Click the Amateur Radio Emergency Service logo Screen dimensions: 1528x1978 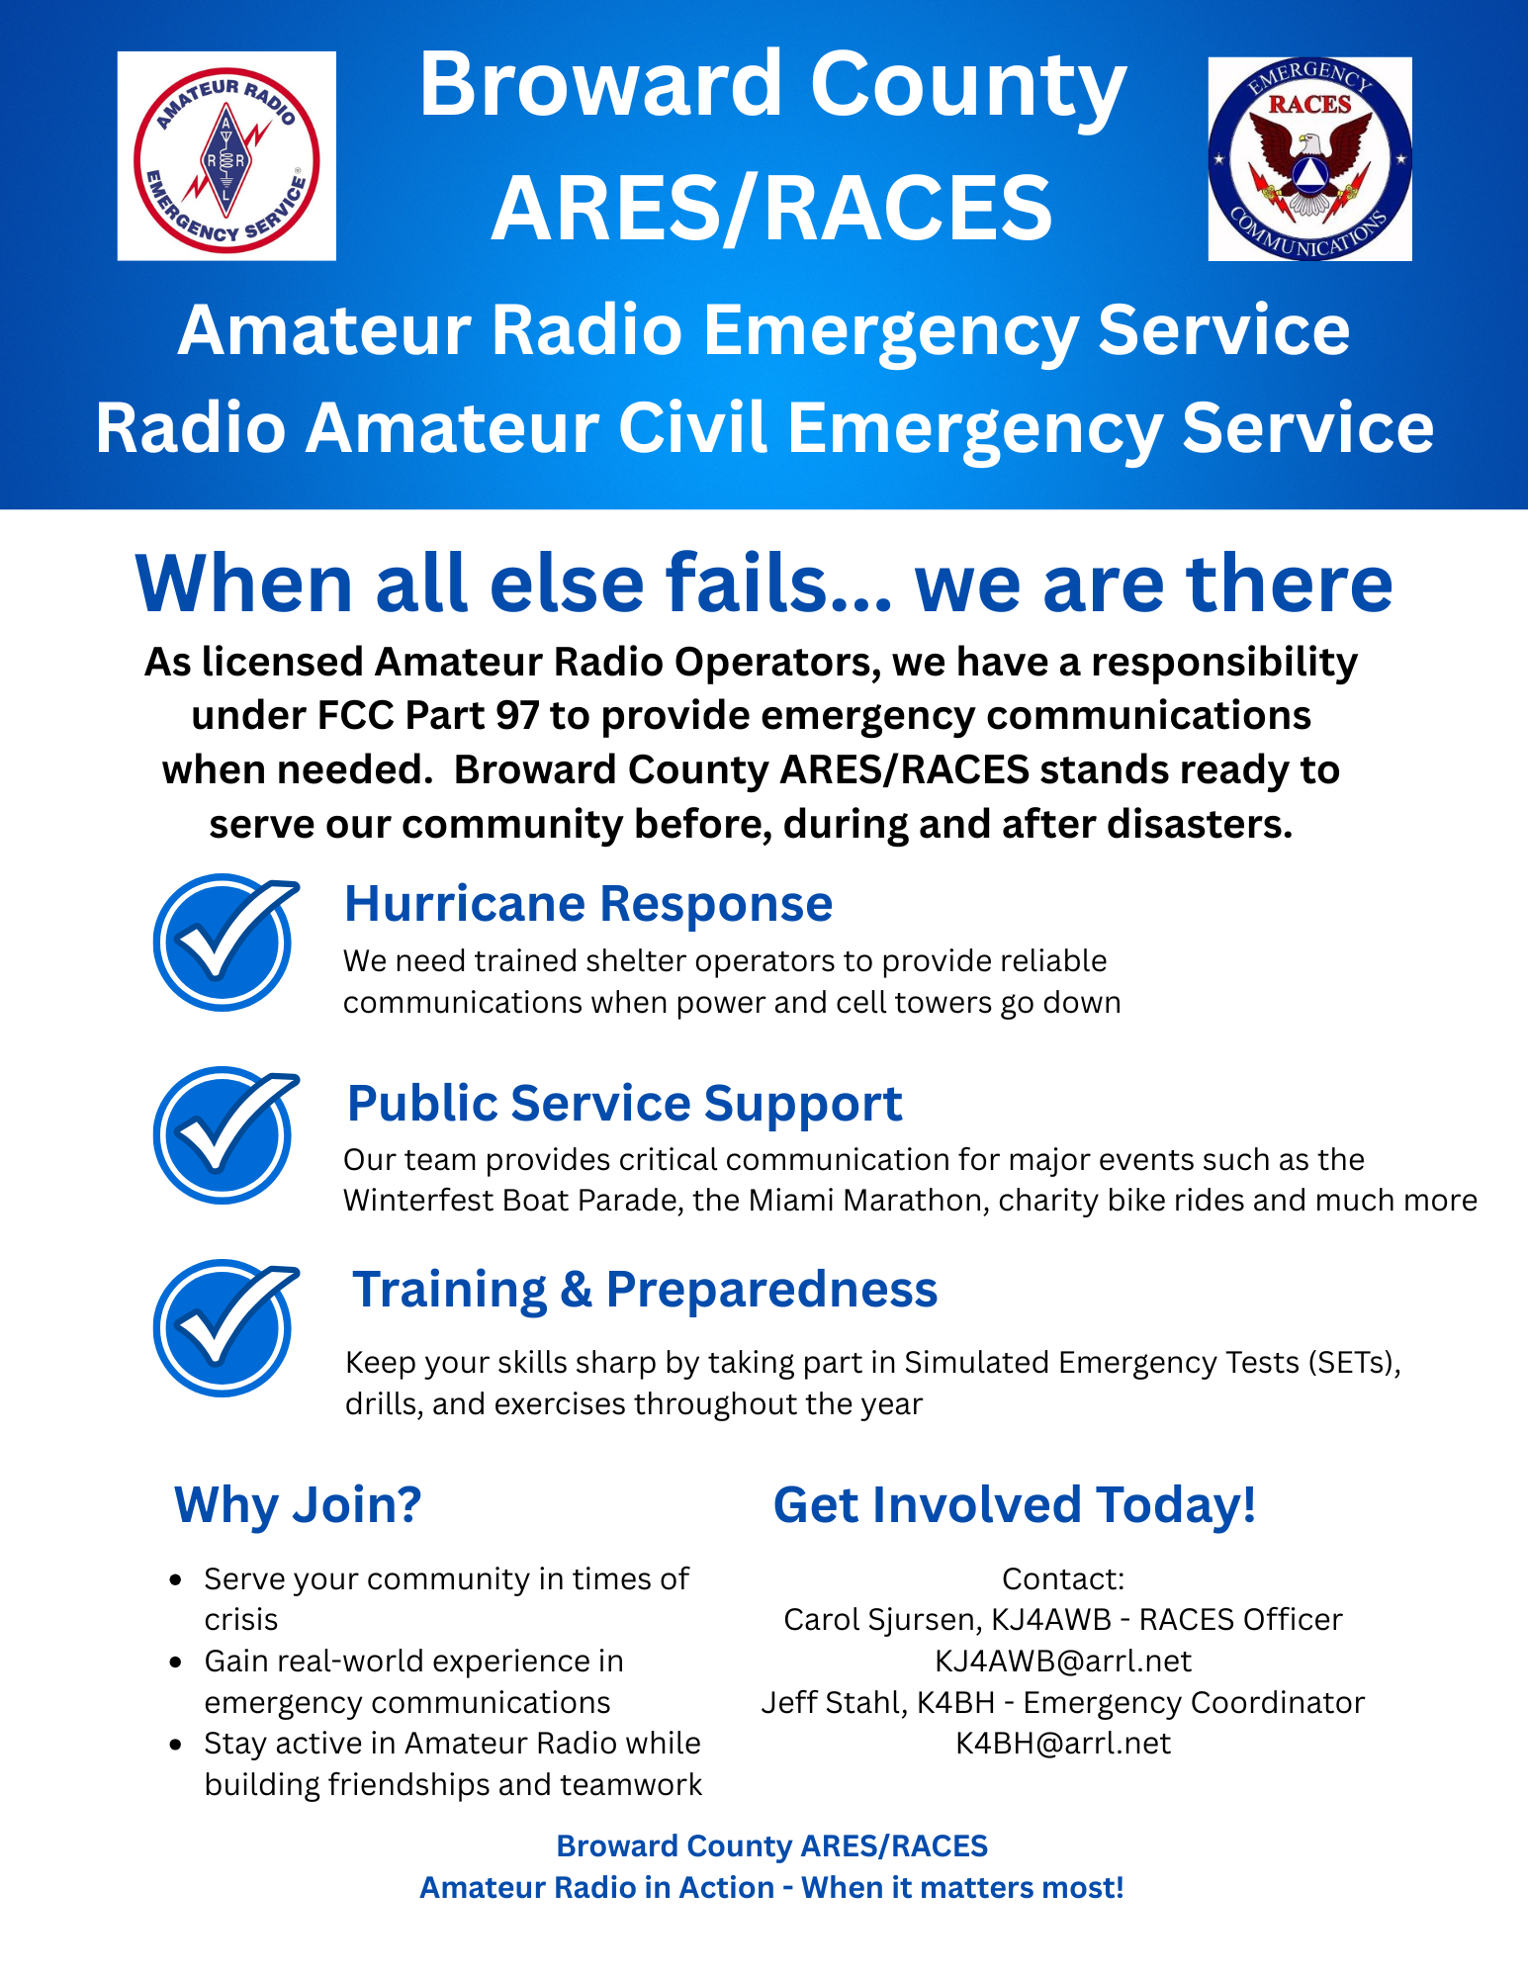coord(226,156)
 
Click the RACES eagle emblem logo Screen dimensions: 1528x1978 coord(1309,159)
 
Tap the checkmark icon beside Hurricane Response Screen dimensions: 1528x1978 coord(225,943)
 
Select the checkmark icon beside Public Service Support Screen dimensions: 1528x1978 coord(225,1135)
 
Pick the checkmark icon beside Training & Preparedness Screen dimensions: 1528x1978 coord(225,1328)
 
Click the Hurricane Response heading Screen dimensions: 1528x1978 coord(588,904)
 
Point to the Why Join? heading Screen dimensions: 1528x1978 coord(298,1505)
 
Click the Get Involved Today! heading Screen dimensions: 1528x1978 coord(1015,1504)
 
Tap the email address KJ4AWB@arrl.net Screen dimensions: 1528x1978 coord(1063,1661)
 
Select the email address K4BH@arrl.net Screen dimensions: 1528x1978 coord(1063,1743)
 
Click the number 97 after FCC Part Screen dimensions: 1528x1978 coord(517,715)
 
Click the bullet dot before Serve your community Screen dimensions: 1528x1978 coord(176,1580)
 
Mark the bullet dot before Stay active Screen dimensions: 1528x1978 coord(176,1745)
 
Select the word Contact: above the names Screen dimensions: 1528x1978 coord(1063,1578)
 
